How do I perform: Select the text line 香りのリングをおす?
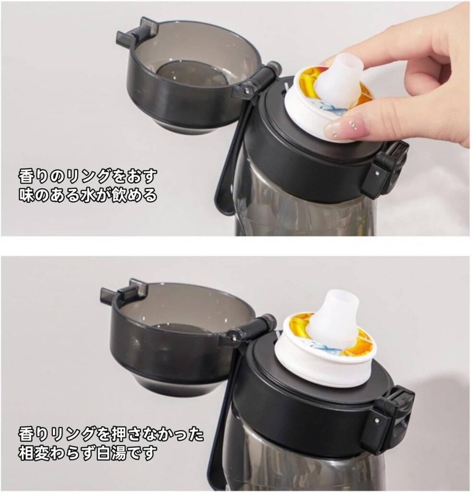click(x=87, y=176)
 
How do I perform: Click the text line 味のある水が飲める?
click(x=87, y=196)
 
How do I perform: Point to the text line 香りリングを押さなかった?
click(x=111, y=434)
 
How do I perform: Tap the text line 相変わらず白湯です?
click(x=87, y=453)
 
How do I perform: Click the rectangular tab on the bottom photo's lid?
click(x=123, y=291)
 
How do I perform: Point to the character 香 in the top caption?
click(x=26, y=176)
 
